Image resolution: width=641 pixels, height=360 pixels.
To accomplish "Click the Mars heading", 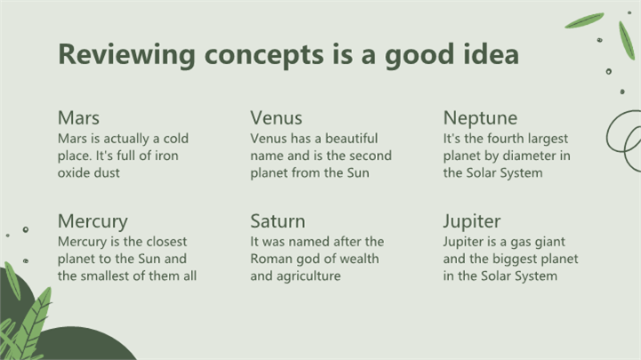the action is tap(78, 118).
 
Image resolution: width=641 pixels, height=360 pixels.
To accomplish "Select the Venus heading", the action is tap(276, 118).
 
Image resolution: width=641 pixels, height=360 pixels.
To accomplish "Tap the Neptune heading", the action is tap(480, 118).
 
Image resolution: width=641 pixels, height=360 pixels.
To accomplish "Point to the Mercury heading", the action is tap(92, 222).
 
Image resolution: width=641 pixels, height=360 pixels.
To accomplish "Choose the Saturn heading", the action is tap(277, 221).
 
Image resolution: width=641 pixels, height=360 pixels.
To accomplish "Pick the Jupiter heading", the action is tap(472, 222).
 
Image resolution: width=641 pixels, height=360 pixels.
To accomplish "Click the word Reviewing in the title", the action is tap(127, 55).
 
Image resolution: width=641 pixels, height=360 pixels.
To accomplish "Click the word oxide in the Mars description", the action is tap(70, 172).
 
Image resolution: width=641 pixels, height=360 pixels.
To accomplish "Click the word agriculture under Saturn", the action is tap(308, 276).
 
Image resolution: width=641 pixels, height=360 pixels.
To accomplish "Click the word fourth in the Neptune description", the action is tap(503, 138).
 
